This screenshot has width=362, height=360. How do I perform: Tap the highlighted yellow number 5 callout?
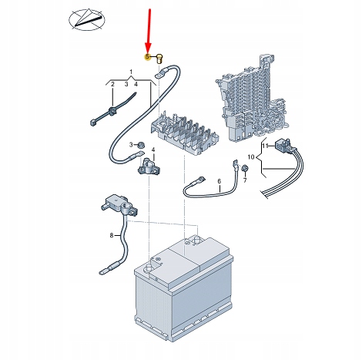point(147,57)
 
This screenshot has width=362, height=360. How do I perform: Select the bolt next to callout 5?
point(160,59)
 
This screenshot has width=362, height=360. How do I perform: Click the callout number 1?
point(131,72)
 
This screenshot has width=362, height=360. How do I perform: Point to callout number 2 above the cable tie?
point(112,84)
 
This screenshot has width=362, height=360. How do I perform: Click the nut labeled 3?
point(141,145)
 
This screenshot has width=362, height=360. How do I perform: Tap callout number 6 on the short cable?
point(219,181)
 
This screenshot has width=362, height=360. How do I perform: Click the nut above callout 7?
point(245,169)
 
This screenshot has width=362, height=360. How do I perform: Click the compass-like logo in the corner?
point(87,20)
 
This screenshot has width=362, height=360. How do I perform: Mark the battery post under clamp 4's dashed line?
point(149,268)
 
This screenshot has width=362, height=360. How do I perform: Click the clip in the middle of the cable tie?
point(112,112)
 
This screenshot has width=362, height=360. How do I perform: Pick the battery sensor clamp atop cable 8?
point(119,204)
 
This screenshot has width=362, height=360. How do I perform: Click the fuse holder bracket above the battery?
point(185,135)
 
